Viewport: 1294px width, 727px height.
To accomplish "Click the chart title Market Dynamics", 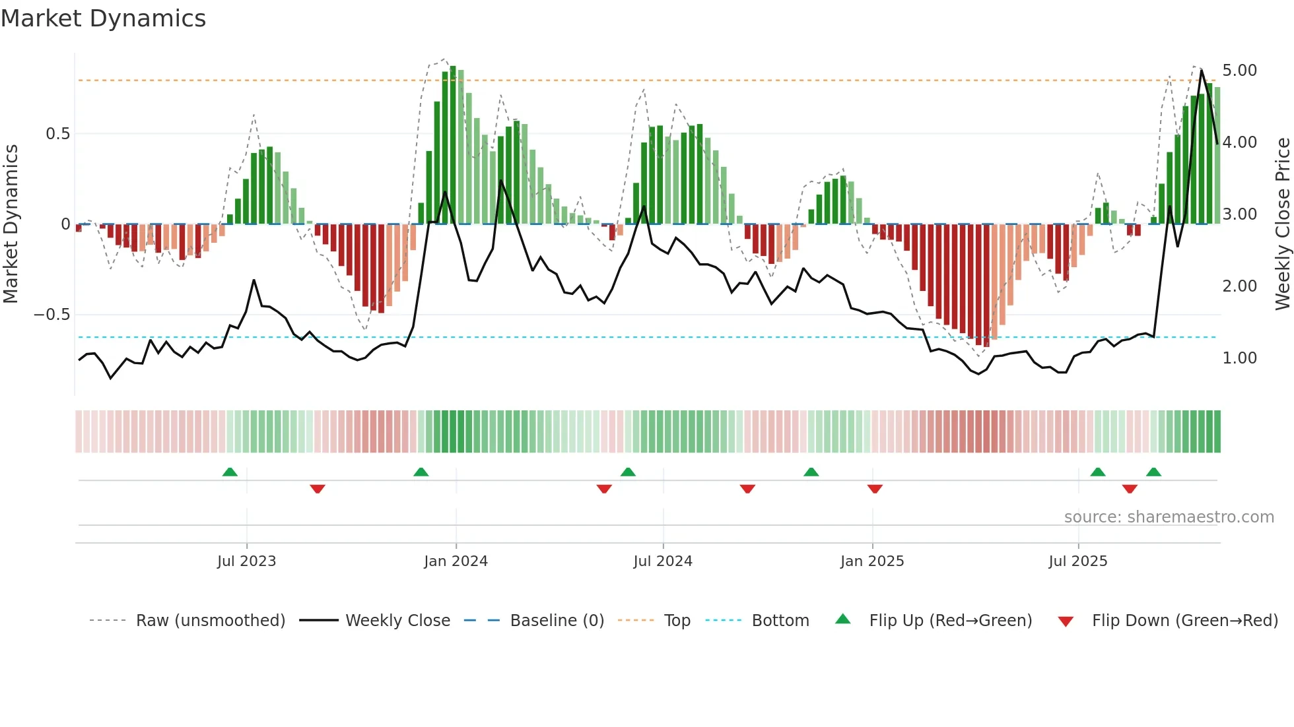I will [x=103, y=18].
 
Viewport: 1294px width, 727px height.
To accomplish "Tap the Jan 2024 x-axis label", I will [x=456, y=561].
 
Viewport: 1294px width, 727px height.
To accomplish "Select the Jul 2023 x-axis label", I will [x=246, y=561].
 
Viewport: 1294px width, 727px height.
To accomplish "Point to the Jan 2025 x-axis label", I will [x=871, y=561].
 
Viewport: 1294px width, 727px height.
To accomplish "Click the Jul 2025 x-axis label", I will [x=1077, y=561].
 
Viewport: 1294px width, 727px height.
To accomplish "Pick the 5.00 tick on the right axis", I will [x=1239, y=71].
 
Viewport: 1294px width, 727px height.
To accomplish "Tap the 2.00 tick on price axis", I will [x=1239, y=286].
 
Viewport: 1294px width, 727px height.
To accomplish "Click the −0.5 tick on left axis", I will [x=52, y=315].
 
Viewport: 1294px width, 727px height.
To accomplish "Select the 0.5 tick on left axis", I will [x=57, y=134].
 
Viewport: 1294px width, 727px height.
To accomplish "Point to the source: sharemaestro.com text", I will [x=1169, y=517].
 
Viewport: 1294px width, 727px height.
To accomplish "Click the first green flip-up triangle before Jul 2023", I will [x=230, y=472].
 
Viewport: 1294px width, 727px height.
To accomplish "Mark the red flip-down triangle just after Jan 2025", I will [x=875, y=489].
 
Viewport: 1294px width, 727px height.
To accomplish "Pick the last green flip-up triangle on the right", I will [x=1153, y=472].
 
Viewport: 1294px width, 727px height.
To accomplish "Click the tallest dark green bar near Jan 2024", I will [x=453, y=145].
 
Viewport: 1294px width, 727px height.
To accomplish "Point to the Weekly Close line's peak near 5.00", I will [x=1201, y=71].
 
